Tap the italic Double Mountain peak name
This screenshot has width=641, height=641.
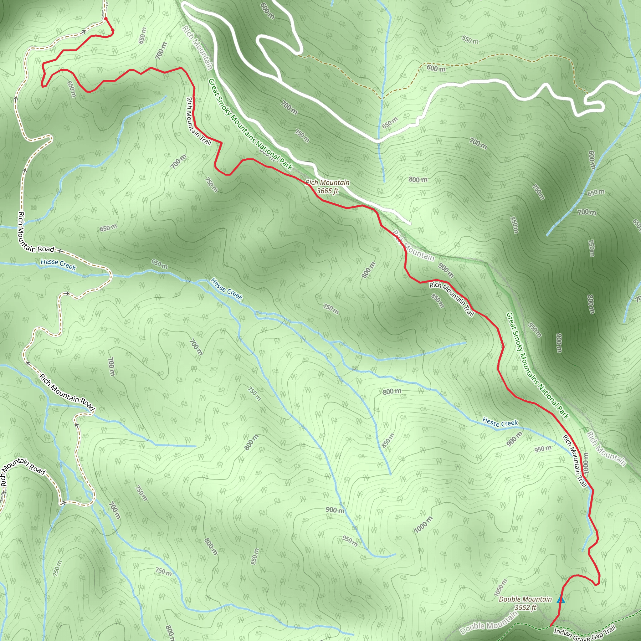pyautogui.click(x=525, y=599)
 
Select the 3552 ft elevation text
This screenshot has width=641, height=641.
pyautogui.click(x=526, y=608)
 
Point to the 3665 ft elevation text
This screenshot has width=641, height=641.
pyautogui.click(x=327, y=191)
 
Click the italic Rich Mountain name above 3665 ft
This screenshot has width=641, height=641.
pyautogui.click(x=327, y=182)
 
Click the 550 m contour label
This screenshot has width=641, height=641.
pyautogui.click(x=470, y=40)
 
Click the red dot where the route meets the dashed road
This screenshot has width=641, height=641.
pyautogui.click(x=105, y=18)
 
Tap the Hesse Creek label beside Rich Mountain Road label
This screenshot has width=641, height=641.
pyautogui.click(x=59, y=264)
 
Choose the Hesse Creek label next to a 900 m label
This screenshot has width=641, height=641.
pyautogui.click(x=500, y=423)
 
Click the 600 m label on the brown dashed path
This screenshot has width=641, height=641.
pyautogui.click(x=436, y=68)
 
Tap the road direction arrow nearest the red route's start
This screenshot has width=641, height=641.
pyautogui.click(x=84, y=32)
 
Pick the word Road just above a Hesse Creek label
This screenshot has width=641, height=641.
pyautogui.click(x=46, y=249)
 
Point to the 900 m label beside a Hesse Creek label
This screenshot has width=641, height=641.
pyautogui.click(x=514, y=439)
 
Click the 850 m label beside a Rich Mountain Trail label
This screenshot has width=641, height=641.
pyautogui.click(x=438, y=301)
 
